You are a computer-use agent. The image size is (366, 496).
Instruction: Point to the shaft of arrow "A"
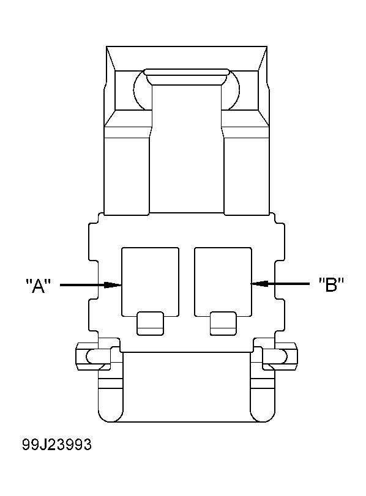83,284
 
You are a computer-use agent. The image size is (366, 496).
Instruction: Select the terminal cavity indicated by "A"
151,278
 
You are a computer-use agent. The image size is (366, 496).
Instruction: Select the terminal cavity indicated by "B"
223,278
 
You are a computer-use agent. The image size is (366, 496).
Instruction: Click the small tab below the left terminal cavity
150,323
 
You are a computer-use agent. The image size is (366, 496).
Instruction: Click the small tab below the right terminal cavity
222,323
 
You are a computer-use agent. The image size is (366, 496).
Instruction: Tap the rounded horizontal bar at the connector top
187,78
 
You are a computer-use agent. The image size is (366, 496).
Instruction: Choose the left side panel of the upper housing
127,174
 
